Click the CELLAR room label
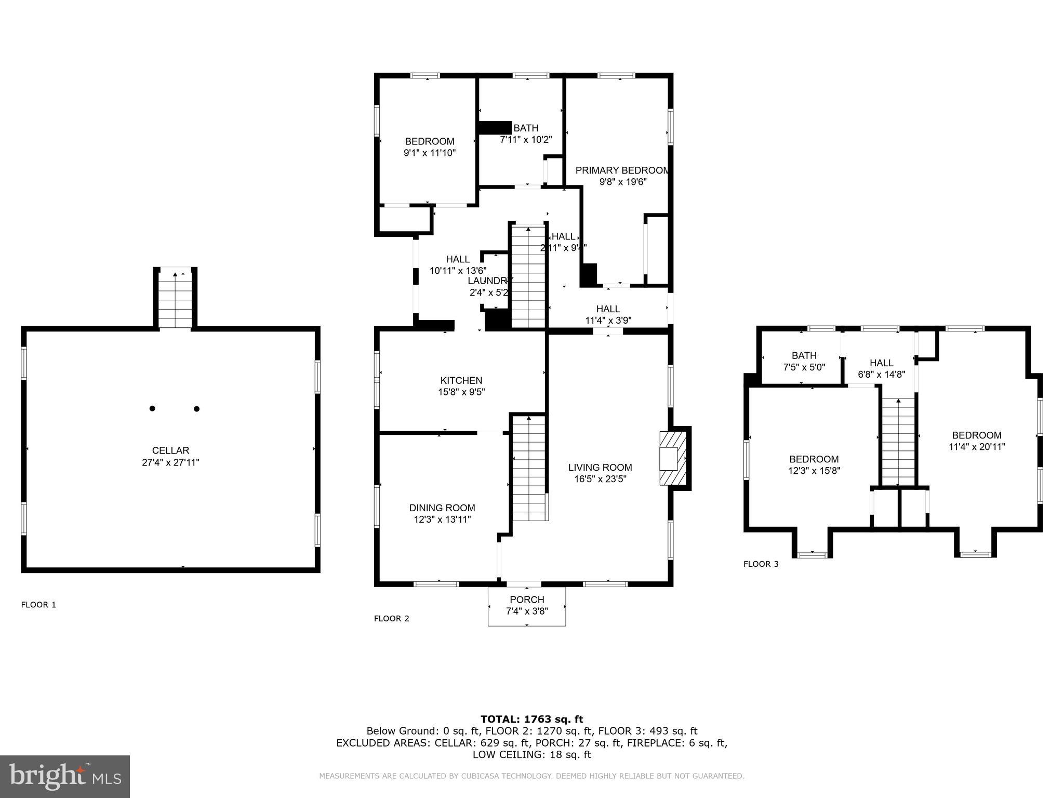point(170,450)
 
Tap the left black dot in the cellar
point(152,408)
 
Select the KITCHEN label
point(461,380)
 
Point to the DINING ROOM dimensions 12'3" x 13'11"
point(442,519)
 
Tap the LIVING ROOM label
point(600,467)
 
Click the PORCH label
point(527,600)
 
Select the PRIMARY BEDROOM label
point(622,170)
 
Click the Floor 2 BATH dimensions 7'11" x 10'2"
point(526,139)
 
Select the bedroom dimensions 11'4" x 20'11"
point(977,446)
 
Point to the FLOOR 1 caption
point(38,605)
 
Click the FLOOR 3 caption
point(761,564)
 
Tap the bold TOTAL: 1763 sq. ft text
point(531,719)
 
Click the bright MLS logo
point(65,777)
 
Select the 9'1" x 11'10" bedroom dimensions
point(430,153)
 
